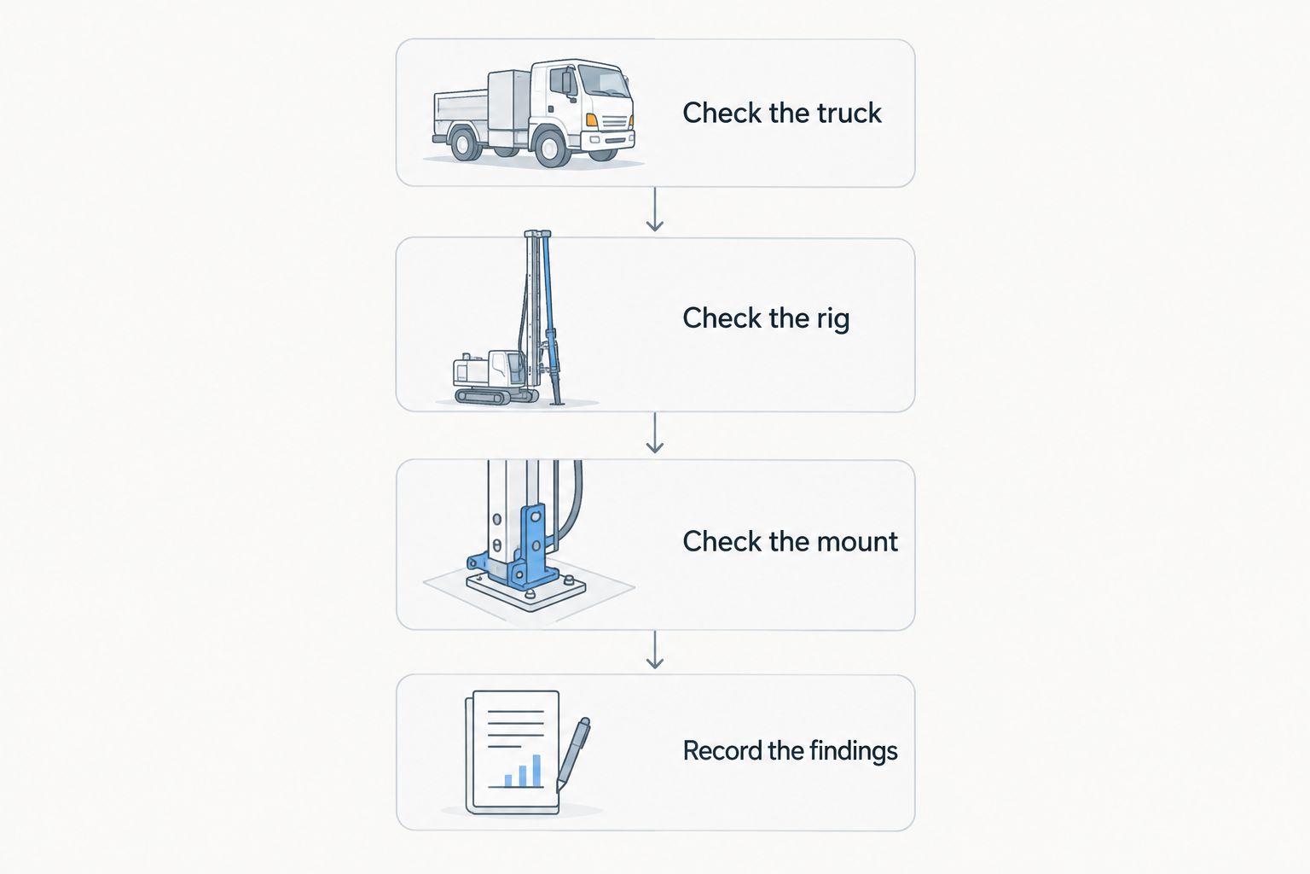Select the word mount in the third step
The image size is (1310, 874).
coord(857,541)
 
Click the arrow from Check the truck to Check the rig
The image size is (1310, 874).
coord(654,209)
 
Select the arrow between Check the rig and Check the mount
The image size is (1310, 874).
coord(654,433)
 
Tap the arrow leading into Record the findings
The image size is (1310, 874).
coord(654,650)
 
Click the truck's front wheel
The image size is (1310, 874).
coord(550,149)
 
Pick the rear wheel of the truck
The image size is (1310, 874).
coord(464,144)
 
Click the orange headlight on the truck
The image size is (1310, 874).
coord(592,120)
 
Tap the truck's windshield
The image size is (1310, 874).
coord(604,80)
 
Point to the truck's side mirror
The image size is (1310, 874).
coord(566,83)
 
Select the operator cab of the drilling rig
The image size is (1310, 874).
coord(507,368)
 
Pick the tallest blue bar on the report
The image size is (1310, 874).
coord(536,771)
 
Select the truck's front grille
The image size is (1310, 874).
coord(614,122)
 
